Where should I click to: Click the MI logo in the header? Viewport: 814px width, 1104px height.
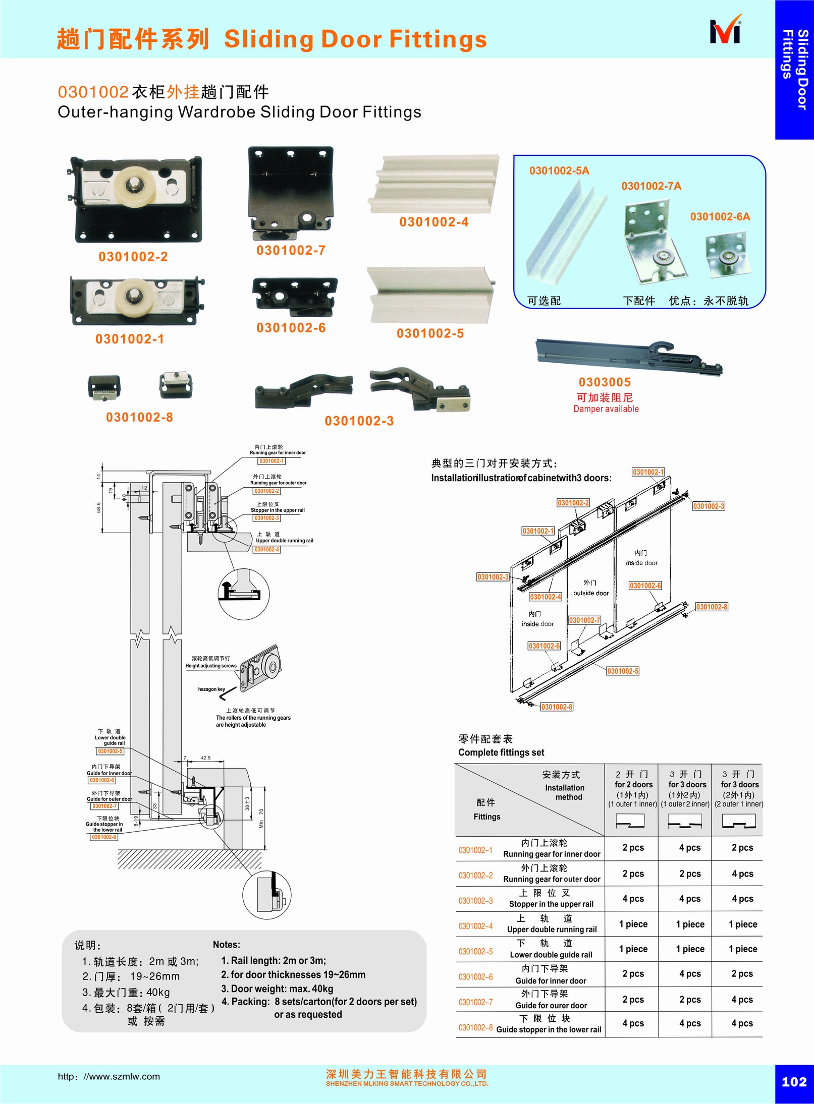(x=726, y=32)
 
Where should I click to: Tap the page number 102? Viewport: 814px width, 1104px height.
(x=794, y=1081)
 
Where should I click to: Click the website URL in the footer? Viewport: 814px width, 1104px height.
(x=108, y=1076)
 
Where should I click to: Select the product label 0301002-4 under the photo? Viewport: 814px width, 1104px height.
(x=433, y=222)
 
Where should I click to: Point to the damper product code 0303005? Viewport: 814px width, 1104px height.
(x=605, y=382)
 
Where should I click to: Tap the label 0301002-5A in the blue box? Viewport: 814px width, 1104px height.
(x=559, y=170)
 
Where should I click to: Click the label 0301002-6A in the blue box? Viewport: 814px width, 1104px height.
(x=720, y=217)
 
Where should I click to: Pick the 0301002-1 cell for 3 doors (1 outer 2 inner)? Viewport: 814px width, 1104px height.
(x=689, y=848)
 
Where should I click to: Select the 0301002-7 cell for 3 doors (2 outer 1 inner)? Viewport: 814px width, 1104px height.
(x=742, y=999)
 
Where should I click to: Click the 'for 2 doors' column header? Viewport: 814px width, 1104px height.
(x=633, y=784)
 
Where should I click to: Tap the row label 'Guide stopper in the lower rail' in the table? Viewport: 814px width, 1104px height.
(x=549, y=1029)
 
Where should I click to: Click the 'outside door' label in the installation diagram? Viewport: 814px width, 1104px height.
(x=591, y=593)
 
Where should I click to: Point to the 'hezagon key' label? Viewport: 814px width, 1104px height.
(x=211, y=689)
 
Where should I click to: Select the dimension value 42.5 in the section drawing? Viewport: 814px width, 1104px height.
(x=205, y=758)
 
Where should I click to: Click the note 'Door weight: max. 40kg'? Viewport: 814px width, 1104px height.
(x=277, y=989)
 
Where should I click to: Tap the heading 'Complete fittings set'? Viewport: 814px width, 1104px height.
(x=501, y=752)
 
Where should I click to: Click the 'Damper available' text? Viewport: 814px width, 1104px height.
(x=606, y=409)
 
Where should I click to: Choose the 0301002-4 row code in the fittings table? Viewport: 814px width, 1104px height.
(x=475, y=926)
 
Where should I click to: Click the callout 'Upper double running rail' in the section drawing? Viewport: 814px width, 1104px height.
(x=284, y=541)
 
